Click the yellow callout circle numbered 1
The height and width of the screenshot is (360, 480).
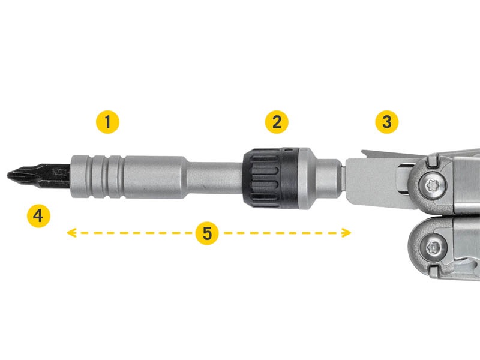click(x=107, y=122)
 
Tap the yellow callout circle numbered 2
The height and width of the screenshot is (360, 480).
click(x=277, y=122)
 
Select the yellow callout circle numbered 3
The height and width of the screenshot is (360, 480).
click(x=387, y=122)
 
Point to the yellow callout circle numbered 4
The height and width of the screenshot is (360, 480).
click(x=38, y=216)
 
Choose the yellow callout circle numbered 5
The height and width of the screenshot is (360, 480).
click(x=207, y=233)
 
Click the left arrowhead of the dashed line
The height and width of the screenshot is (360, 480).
click(x=71, y=233)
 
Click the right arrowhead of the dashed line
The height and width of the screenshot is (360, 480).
click(x=347, y=233)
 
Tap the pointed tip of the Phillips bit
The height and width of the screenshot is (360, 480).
click(x=8, y=175)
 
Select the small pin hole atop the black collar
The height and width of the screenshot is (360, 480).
click(x=287, y=150)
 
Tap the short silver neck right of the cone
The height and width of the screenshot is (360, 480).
click(x=328, y=178)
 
